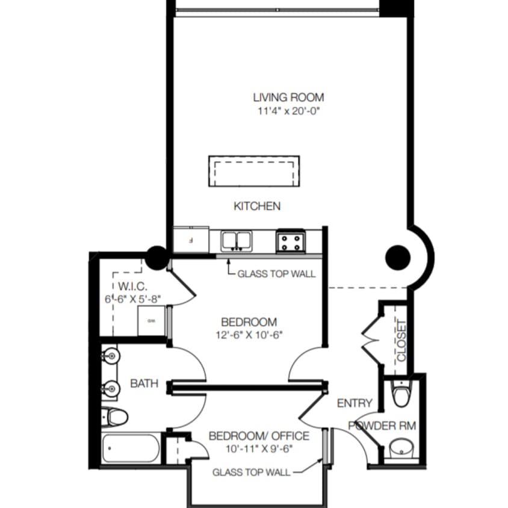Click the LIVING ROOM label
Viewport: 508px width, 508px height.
click(288, 97)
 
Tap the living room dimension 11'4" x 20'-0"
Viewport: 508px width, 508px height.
click(288, 111)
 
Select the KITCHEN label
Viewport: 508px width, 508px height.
click(257, 206)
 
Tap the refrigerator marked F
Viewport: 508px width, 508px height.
click(190, 240)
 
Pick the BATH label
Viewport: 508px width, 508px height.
click(144, 383)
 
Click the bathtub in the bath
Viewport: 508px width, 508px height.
click(131, 449)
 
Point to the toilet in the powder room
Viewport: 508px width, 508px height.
click(400, 394)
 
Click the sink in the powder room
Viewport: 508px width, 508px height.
click(399, 449)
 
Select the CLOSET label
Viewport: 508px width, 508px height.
click(401, 340)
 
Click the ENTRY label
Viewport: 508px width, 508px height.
click(354, 403)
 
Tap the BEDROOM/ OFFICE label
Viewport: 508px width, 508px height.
click(259, 436)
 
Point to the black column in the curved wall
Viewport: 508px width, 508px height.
click(398, 258)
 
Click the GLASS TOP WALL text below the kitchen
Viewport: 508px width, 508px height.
click(276, 274)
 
